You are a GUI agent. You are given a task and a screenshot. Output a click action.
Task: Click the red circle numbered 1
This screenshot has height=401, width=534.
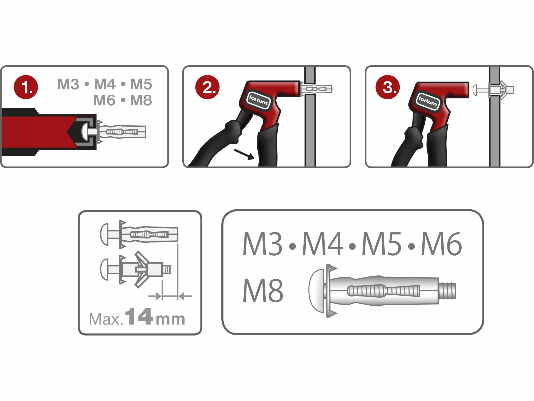point(26,87)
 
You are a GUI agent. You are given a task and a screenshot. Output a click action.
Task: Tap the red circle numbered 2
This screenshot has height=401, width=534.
point(207,87)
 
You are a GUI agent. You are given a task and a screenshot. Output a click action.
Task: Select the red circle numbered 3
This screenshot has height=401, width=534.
point(388,87)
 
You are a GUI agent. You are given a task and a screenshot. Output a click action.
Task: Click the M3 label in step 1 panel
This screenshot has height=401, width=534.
point(68,84)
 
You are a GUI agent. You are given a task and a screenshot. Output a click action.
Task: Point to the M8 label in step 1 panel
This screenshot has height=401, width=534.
point(141,100)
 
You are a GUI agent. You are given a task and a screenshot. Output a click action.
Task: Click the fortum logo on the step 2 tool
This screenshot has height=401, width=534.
point(258,100)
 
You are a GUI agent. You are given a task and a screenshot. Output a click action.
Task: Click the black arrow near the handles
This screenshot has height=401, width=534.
point(244,154)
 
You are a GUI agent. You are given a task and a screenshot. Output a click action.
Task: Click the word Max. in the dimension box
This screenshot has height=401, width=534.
point(106,319)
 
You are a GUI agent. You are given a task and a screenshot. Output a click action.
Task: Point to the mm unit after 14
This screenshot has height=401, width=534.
point(170,319)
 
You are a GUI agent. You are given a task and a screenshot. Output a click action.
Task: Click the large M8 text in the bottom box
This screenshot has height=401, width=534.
point(263,291)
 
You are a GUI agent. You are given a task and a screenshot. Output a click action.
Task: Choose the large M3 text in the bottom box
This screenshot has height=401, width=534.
point(263,244)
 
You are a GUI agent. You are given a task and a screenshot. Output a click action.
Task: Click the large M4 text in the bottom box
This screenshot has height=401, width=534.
point(323,244)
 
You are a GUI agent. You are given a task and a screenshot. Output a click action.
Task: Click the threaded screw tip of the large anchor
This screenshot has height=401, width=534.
point(447,291)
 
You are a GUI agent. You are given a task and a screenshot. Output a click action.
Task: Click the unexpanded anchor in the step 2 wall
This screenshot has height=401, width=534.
point(316,89)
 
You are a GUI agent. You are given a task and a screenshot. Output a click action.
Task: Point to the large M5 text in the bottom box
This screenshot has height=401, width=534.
point(382,244)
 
